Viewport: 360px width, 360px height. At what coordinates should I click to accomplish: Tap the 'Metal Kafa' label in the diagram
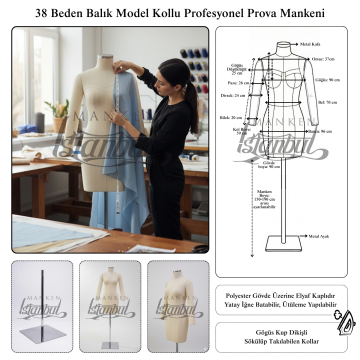(311, 45)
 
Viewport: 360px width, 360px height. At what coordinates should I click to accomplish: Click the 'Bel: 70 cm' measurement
(326, 103)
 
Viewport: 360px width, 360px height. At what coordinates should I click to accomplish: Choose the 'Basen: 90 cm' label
(320, 131)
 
